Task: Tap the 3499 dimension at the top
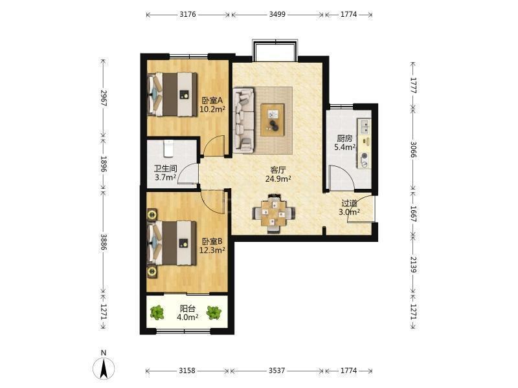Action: pyautogui.click(x=277, y=14)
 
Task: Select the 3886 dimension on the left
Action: pyautogui.click(x=104, y=242)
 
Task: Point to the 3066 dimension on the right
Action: pyautogui.click(x=413, y=150)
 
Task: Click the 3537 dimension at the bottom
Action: pyautogui.click(x=277, y=371)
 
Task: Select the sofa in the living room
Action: pyautogui.click(x=243, y=120)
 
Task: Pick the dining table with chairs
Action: pyautogui.click(x=273, y=213)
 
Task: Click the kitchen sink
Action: pyautogui.click(x=365, y=127)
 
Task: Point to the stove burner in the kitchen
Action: pyautogui.click(x=365, y=156)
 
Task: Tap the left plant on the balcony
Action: pyautogui.click(x=157, y=312)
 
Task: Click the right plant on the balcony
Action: pyautogui.click(x=214, y=313)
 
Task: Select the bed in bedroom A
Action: pyautogui.click(x=172, y=94)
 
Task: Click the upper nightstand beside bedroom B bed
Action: pyautogui.click(x=152, y=215)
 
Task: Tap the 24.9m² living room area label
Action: pyautogui.click(x=278, y=179)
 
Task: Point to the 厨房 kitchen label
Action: pyautogui.click(x=344, y=138)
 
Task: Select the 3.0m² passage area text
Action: pyautogui.click(x=349, y=212)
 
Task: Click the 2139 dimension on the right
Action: pyautogui.click(x=413, y=264)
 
